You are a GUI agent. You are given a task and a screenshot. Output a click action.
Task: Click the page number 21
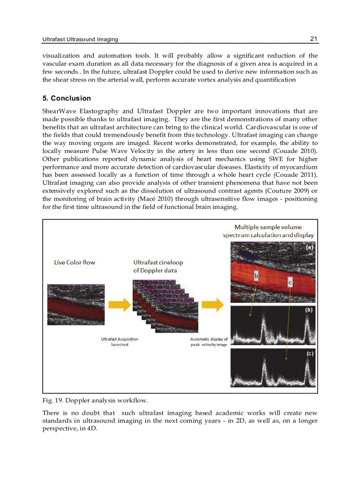314,39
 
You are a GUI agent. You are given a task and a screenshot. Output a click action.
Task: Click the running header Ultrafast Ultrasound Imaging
80,39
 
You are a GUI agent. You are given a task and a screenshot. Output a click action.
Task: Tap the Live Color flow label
74,262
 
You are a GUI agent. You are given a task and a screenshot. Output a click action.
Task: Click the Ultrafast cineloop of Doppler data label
157,266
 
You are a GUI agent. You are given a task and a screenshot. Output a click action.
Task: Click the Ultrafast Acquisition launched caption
119,342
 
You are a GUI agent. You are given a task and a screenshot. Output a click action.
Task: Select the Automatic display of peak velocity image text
209,342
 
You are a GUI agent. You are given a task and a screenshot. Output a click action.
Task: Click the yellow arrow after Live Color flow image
119,305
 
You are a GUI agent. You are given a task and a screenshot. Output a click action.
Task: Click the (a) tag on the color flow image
309,248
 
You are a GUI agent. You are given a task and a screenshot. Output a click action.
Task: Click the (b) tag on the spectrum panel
309,310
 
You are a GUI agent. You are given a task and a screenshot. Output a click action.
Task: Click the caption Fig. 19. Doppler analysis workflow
95,400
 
